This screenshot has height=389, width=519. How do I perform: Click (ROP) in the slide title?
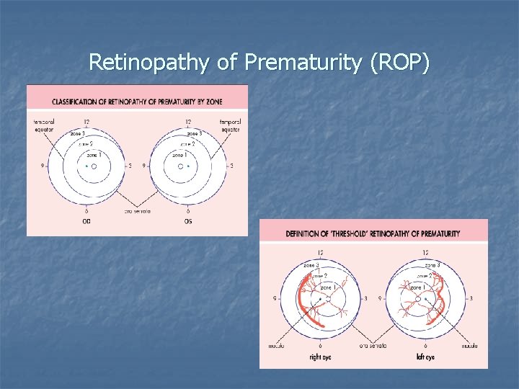coord(399,63)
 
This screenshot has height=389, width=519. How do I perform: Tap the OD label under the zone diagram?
coord(87,221)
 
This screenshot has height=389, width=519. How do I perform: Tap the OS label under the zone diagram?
coord(188,221)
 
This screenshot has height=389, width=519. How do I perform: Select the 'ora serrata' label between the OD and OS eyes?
coord(137,210)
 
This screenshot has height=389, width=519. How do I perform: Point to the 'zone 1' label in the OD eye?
coord(93,155)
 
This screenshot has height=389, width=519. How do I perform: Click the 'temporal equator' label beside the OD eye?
coord(43,125)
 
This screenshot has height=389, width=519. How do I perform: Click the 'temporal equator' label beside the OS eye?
coord(231,125)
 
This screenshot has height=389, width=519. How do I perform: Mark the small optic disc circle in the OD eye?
coord(94,166)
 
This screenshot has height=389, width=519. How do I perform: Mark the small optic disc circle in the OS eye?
coord(180,166)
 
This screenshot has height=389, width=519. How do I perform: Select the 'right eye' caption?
coord(321,357)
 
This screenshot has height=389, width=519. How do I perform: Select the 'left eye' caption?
coord(425,357)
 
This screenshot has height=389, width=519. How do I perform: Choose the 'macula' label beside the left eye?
coord(470,346)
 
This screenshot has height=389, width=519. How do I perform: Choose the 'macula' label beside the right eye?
coord(276,346)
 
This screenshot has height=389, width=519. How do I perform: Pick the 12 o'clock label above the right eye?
coord(320,253)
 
